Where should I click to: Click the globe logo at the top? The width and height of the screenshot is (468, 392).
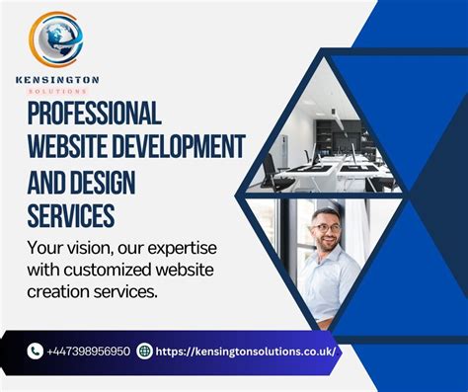pos(57,39)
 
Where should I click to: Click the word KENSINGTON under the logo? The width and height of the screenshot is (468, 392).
pos(57,79)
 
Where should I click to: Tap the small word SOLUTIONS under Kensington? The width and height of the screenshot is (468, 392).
pos(56,91)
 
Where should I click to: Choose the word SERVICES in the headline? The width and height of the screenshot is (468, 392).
pos(71,215)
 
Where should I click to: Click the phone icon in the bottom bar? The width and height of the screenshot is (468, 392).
pos(36,351)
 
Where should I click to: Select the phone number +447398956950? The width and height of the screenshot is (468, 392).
pos(89,352)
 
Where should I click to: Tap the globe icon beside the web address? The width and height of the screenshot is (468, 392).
pos(145,351)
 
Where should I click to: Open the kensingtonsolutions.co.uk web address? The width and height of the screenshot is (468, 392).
pos(246,352)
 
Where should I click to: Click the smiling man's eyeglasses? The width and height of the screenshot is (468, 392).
pos(325,227)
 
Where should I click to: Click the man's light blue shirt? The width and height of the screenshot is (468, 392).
pos(330,286)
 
